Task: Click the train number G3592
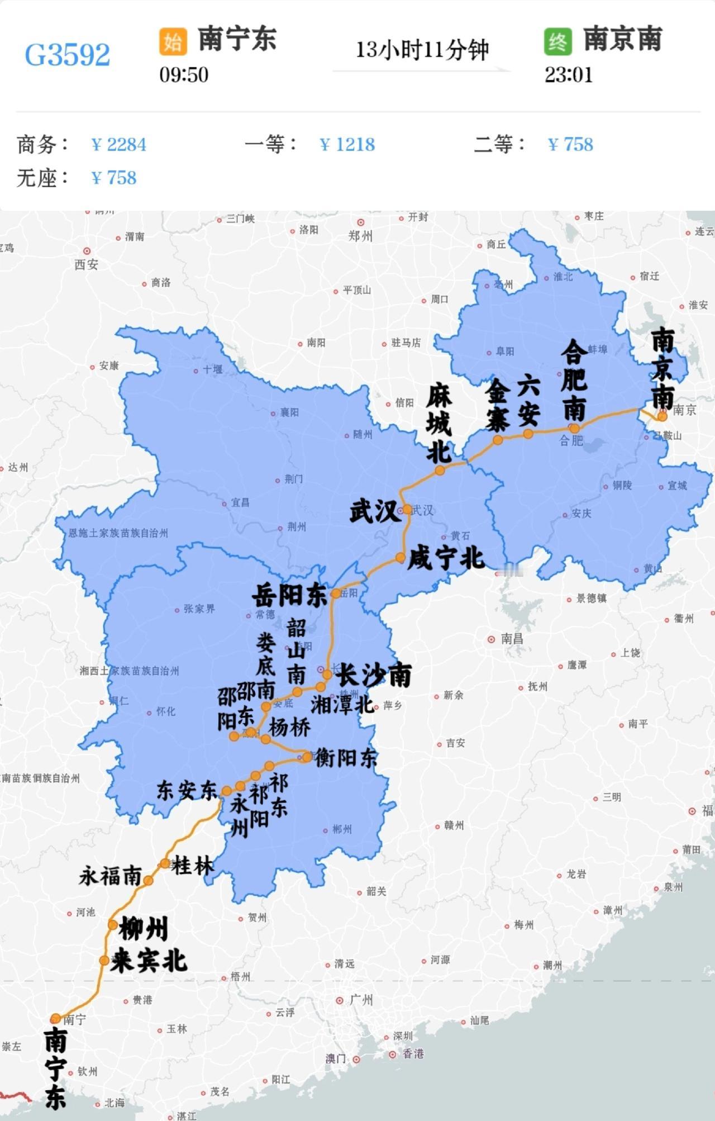coord(68,55)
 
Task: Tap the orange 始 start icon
coord(173,41)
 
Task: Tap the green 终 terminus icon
coord(557,41)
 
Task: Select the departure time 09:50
coord(184,74)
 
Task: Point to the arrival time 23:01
coord(569,74)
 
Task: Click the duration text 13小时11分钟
coord(422,50)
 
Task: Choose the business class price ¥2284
coord(118,145)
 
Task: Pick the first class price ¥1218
coord(347,145)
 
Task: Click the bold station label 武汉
coord(375,512)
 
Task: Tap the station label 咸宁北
coord(445,558)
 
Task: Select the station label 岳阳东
coord(289,596)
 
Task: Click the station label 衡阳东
coord(346,758)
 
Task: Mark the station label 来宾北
coord(148,961)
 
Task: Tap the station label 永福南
coord(110,876)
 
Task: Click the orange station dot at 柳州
coord(112,925)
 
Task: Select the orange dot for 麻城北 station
coord(440,471)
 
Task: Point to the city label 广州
coord(361,1000)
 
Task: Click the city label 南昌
coord(511,639)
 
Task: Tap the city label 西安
coord(86,264)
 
